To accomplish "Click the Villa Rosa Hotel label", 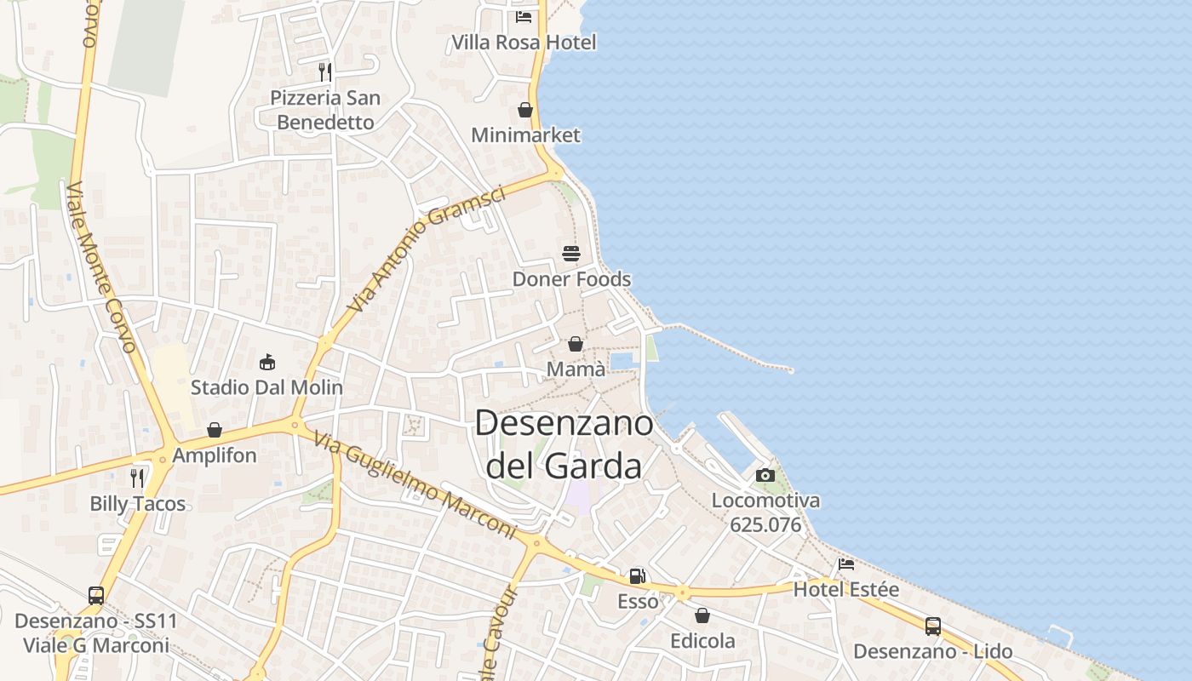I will pyautogui.click(x=524, y=42).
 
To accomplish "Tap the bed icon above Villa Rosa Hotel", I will pyautogui.click(x=524, y=16).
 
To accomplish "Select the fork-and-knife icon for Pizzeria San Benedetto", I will pyautogui.click(x=324, y=72).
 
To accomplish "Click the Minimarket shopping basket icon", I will pyautogui.click(x=525, y=110).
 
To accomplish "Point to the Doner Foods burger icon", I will pyautogui.click(x=571, y=253).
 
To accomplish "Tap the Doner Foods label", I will pyautogui.click(x=571, y=279).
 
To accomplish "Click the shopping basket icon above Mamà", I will pyautogui.click(x=576, y=344).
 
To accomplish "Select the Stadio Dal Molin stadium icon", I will pyautogui.click(x=267, y=362).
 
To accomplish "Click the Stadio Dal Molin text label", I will pyautogui.click(x=266, y=388).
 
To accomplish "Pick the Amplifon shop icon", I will pyautogui.click(x=215, y=430).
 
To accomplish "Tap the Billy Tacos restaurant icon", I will pyautogui.click(x=137, y=478).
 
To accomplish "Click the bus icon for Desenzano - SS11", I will pyautogui.click(x=96, y=595).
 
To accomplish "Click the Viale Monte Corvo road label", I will pyautogui.click(x=101, y=266).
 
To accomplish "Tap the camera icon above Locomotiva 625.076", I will pyautogui.click(x=765, y=475).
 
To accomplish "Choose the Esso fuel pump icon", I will pyautogui.click(x=638, y=576).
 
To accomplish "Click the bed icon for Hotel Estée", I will pyautogui.click(x=846, y=564).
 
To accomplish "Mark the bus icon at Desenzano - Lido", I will pyautogui.click(x=933, y=627).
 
